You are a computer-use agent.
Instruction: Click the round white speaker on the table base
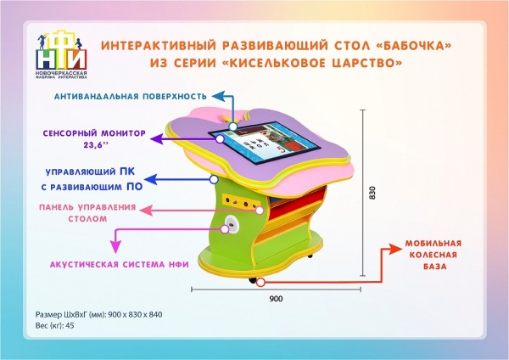[230, 224]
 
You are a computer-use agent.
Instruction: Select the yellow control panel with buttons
[241, 203]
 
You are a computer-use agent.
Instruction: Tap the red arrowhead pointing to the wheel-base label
[398, 249]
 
